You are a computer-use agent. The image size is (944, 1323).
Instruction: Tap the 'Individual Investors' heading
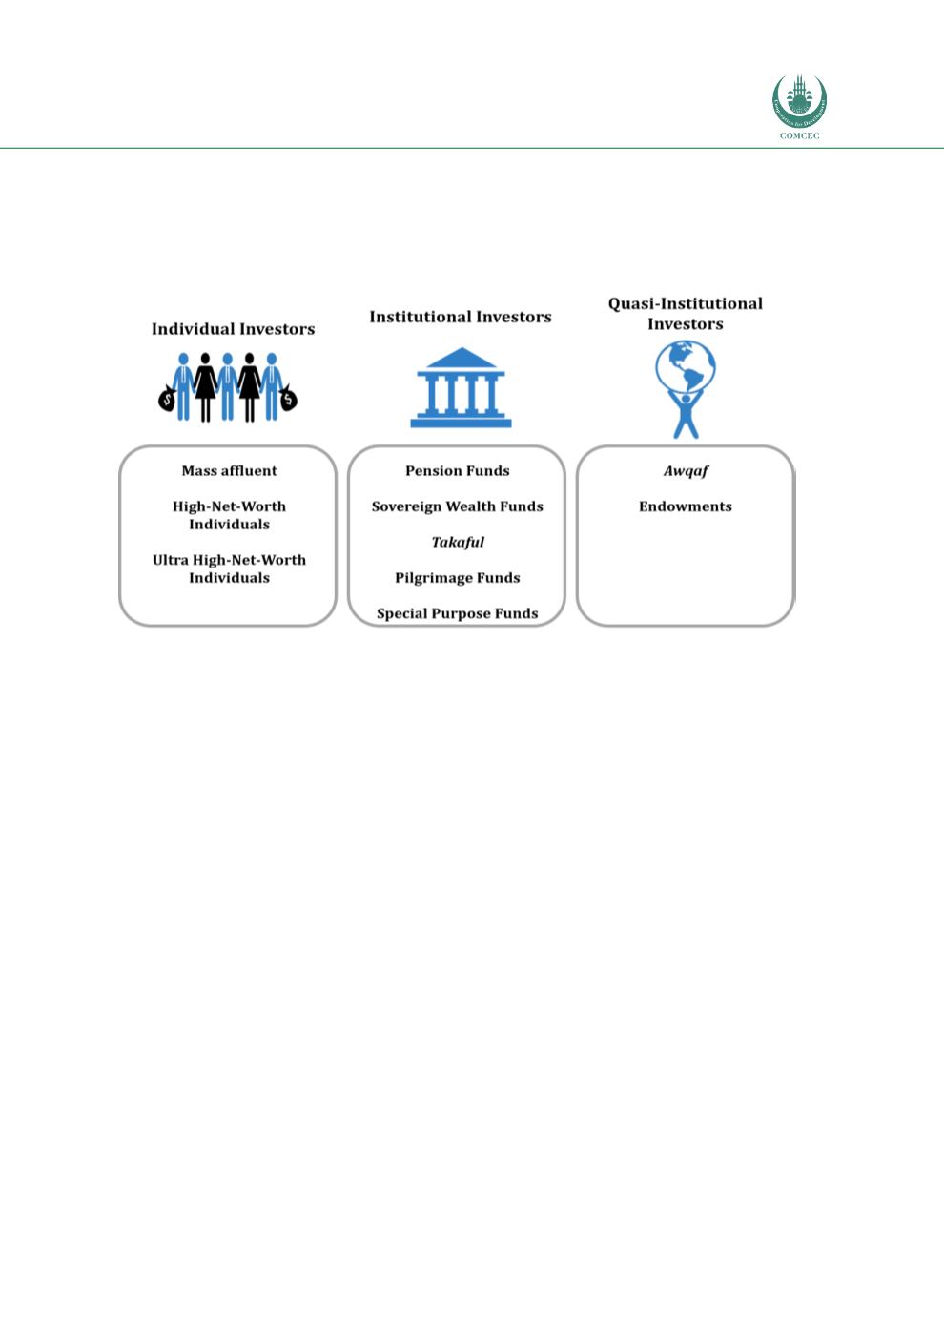[234, 329]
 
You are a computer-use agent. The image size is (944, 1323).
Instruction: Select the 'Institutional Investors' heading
[461, 318]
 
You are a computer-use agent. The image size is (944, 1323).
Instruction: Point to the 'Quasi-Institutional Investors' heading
[686, 314]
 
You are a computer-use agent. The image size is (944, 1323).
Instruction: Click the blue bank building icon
[462, 387]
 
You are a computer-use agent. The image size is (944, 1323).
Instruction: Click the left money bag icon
[167, 399]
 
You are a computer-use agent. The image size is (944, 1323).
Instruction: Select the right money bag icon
[288, 398]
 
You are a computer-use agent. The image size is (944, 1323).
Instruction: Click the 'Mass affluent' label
[229, 470]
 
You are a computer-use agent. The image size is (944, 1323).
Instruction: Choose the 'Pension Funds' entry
[458, 470]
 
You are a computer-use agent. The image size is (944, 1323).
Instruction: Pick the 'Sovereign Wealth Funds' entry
[458, 506]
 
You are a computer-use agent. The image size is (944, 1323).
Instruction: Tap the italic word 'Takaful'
[458, 542]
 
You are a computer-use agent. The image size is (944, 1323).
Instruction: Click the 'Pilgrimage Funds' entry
[458, 578]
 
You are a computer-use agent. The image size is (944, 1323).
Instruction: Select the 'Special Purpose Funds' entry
[458, 613]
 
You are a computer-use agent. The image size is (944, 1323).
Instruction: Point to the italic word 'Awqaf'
[686, 470]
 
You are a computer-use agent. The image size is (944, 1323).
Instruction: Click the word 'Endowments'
[686, 506]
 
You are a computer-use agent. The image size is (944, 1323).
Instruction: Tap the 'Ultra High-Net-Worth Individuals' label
[229, 568]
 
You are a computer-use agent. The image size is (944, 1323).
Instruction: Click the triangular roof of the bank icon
[462, 358]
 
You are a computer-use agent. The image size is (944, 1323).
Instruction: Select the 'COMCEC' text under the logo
[800, 135]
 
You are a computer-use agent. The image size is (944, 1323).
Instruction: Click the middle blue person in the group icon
[227, 387]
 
